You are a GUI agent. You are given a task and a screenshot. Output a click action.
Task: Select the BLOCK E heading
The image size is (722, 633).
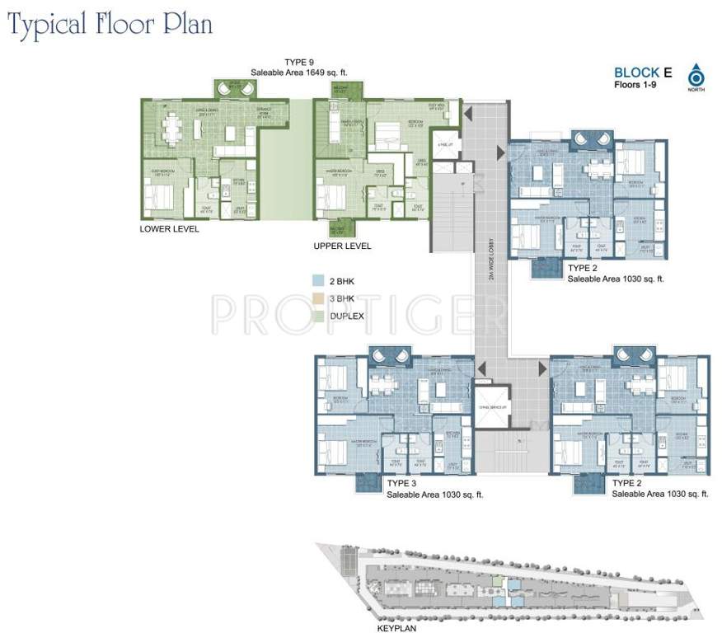[x=643, y=73]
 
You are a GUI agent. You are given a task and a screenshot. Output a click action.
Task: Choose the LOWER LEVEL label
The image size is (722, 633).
[x=169, y=229]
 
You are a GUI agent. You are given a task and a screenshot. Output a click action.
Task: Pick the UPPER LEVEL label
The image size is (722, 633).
[x=342, y=246]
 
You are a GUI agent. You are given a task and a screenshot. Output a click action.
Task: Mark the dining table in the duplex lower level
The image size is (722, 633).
[x=171, y=128]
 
